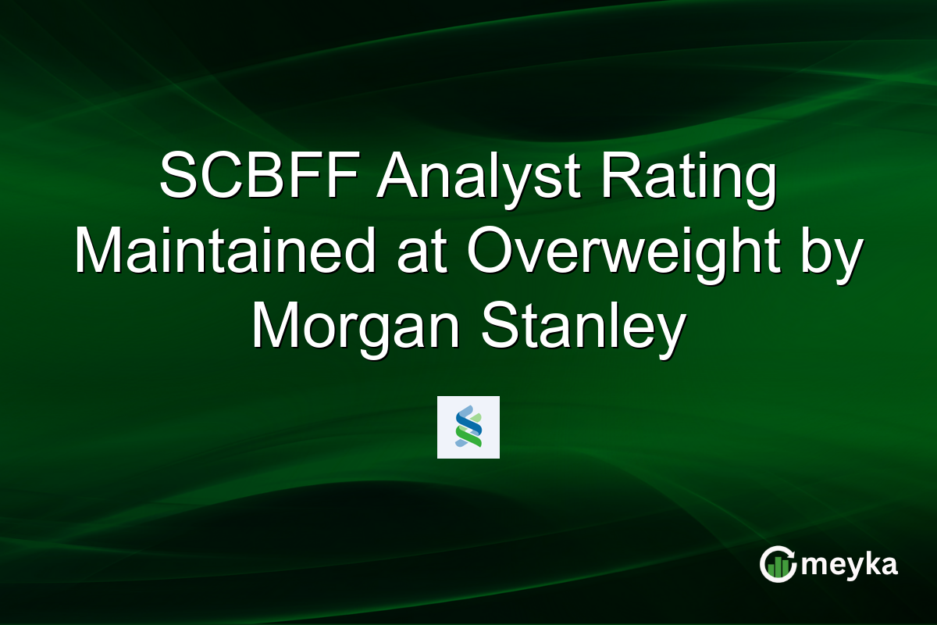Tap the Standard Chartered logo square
coord(468,427)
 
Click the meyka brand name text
coord(852,565)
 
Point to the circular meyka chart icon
coord(778,564)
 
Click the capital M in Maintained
coord(98,255)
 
